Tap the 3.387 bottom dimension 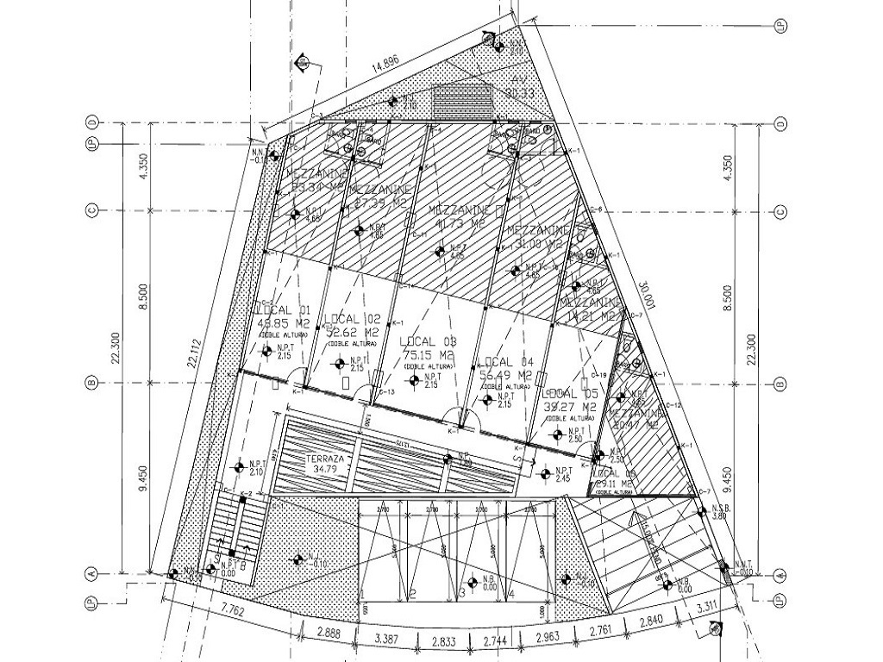tap(387, 639)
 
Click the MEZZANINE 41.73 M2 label tap(454, 216)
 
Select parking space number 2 tap(413, 594)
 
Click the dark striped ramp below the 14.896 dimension tap(463, 102)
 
